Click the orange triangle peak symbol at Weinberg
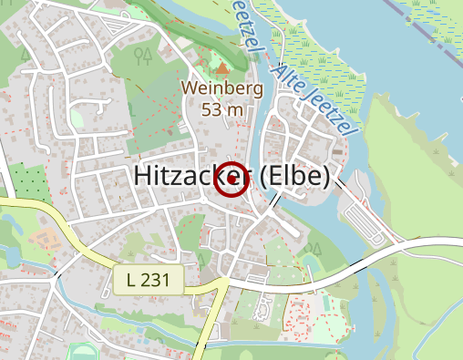[x=222, y=68]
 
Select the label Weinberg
[x=222, y=89]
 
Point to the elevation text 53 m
[x=222, y=109]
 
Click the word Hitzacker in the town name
[x=191, y=178]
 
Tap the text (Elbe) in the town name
[x=293, y=178]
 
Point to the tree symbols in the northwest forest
[x=143, y=57]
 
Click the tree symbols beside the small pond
[x=314, y=248]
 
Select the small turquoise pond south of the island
[x=309, y=262]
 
